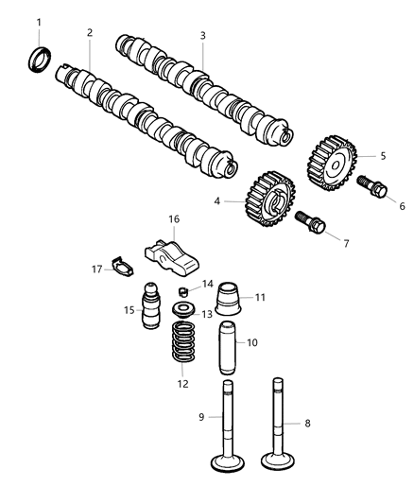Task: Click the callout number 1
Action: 39,22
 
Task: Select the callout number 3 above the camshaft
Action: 202,36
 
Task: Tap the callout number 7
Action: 346,244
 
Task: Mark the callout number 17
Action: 97,269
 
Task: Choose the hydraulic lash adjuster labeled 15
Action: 151,308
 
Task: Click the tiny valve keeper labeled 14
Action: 186,289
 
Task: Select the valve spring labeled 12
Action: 182,343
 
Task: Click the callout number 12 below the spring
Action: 182,384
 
